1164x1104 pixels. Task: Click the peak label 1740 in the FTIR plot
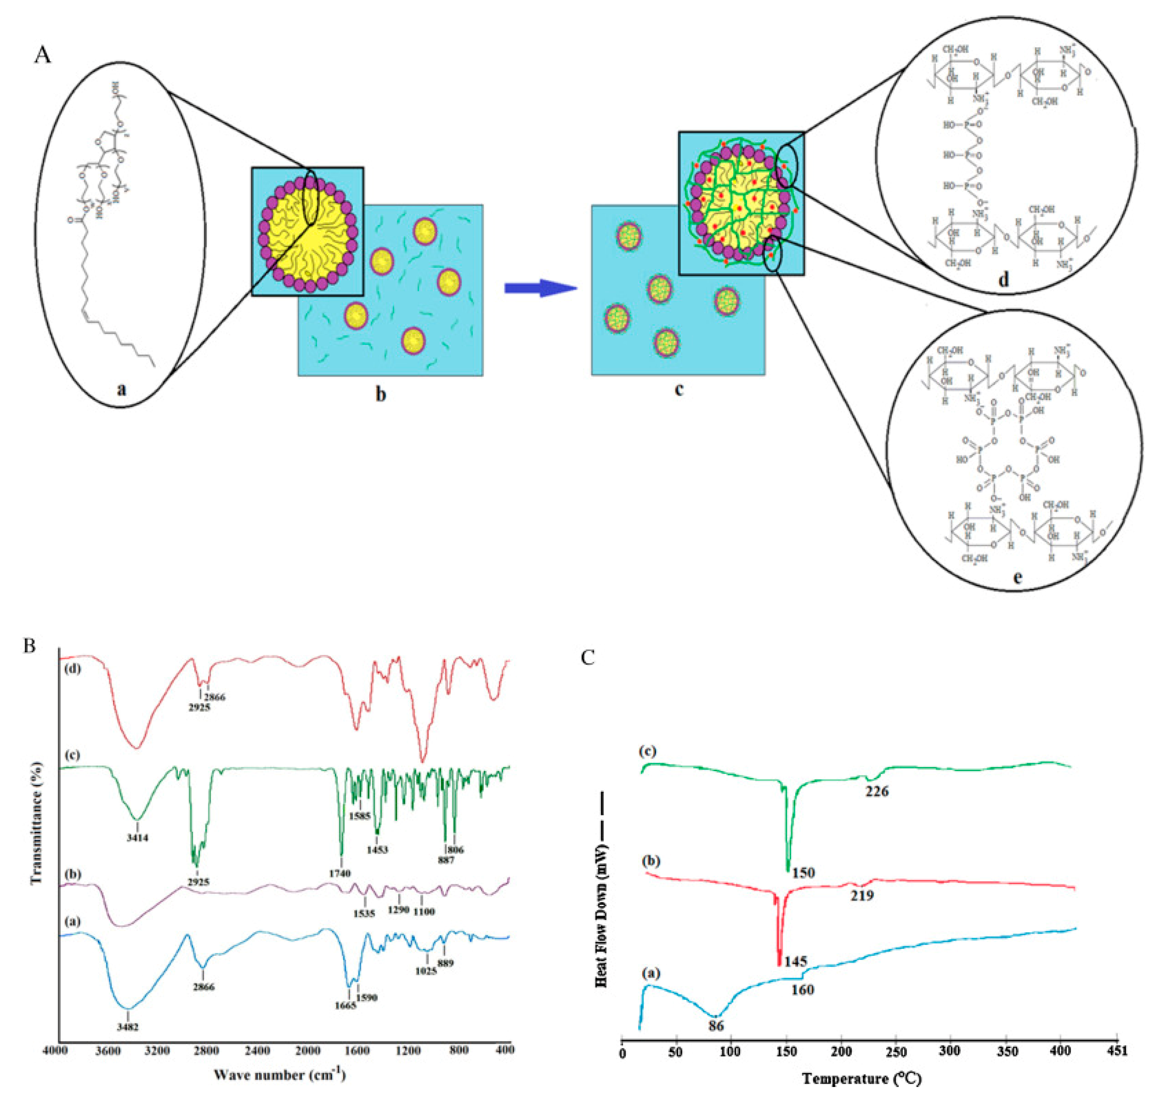(341, 873)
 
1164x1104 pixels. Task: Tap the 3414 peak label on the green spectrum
(137, 837)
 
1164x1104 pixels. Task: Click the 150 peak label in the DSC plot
(803, 872)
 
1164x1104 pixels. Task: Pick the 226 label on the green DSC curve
(877, 792)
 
